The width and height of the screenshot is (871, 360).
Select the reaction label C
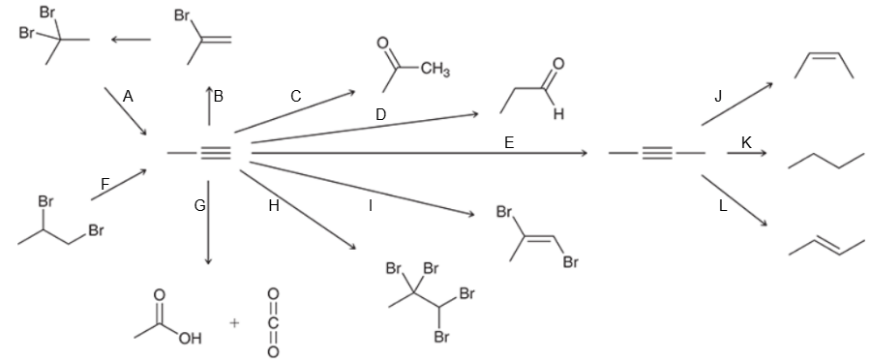click(x=295, y=96)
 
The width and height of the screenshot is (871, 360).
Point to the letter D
click(x=380, y=114)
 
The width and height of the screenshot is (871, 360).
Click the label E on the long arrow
click(x=509, y=142)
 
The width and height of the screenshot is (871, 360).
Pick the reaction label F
click(x=105, y=183)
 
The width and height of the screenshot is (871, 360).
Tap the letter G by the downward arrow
click(x=199, y=205)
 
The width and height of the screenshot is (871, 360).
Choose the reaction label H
click(x=273, y=205)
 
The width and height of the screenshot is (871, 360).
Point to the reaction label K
click(x=746, y=142)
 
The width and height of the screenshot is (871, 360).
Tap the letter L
click(x=722, y=205)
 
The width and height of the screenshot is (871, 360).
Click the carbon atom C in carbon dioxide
click(x=274, y=320)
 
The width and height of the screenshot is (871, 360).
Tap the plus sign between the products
click(x=233, y=321)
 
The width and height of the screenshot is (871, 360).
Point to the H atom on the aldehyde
click(x=557, y=112)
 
